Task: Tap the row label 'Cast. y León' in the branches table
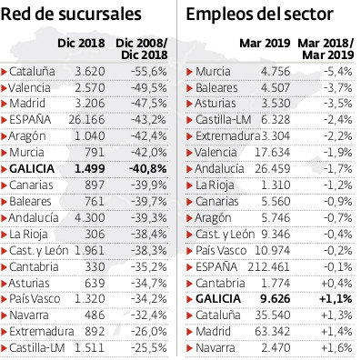tap(37, 250)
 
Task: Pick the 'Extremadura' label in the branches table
tap(40, 332)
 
